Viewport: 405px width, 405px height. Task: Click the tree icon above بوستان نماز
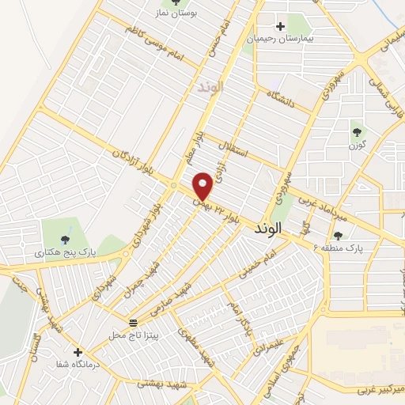(176, 2)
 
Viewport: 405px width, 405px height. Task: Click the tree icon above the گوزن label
(358, 132)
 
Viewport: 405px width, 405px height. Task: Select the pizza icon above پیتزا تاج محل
(133, 323)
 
